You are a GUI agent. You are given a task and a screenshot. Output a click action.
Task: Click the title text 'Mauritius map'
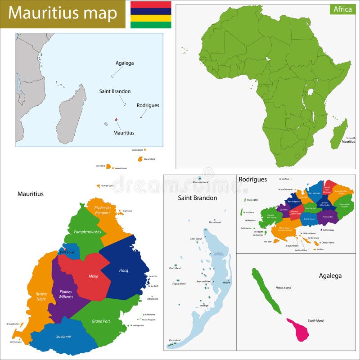(63, 13)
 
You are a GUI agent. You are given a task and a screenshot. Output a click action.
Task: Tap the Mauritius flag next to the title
(151, 15)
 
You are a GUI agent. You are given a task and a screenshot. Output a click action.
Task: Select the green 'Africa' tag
(342, 9)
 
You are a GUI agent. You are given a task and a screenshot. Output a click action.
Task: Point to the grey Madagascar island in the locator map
(72, 115)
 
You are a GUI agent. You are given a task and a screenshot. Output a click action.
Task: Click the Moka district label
(94, 276)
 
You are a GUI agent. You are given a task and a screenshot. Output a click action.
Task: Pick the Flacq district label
(123, 270)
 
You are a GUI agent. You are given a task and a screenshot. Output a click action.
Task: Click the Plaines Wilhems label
(66, 294)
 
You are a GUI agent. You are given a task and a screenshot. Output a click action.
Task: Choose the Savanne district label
(63, 336)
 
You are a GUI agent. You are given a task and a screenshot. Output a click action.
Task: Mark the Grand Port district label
(101, 321)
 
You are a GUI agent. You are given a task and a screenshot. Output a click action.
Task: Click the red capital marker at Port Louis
(65, 249)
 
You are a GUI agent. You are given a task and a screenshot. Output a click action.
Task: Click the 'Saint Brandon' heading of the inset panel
(198, 198)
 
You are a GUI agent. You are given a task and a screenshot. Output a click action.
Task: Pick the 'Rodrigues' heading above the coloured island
(252, 179)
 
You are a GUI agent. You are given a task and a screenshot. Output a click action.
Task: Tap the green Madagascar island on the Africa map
(339, 135)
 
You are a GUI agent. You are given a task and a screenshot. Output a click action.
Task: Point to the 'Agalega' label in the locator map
(125, 63)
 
